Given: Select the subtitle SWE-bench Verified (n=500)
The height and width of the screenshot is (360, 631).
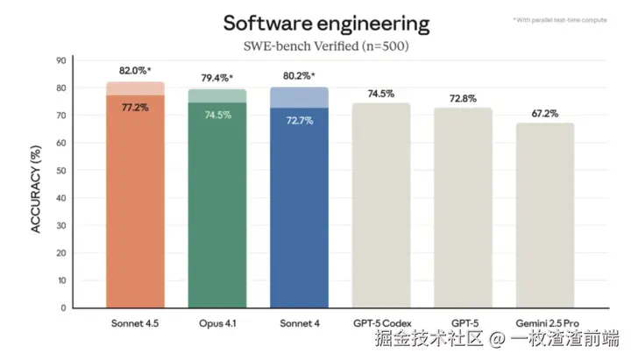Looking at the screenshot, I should tap(326, 46).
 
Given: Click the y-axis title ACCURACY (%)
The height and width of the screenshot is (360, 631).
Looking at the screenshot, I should tap(37, 181).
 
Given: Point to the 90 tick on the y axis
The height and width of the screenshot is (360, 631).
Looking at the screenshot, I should tap(60, 60).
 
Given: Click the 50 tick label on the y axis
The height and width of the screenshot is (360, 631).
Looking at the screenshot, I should tap(60, 170).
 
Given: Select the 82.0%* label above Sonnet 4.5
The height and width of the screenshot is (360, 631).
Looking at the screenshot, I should tap(135, 70).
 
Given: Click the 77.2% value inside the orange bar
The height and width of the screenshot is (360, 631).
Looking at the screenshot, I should tap(135, 107).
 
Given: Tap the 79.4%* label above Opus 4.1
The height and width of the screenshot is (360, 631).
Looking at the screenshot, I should tap(216, 78).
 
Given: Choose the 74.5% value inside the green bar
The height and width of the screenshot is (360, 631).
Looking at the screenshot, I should tap(216, 115).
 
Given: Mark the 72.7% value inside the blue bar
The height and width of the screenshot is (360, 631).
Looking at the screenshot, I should tap(299, 119).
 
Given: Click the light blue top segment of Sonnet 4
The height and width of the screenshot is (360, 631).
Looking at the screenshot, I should tap(299, 97).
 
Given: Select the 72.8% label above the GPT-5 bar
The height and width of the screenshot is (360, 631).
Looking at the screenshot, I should tap(462, 98).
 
